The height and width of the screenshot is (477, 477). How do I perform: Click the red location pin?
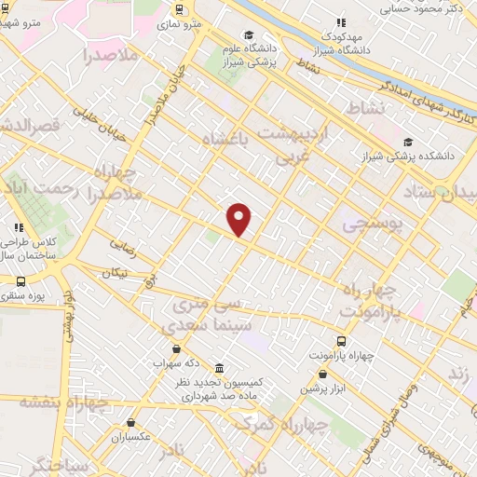[x=239, y=218]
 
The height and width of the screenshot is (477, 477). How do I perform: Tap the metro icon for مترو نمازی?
[x=179, y=8]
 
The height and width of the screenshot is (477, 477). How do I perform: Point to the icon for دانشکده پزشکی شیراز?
[x=407, y=143]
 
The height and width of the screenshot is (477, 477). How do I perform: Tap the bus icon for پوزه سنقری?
[x=20, y=280]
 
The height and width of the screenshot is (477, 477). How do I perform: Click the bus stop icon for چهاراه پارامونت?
[x=341, y=341]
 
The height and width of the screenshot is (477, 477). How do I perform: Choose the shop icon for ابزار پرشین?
[x=322, y=374]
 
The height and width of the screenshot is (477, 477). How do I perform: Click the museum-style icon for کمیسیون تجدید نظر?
[x=219, y=369]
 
